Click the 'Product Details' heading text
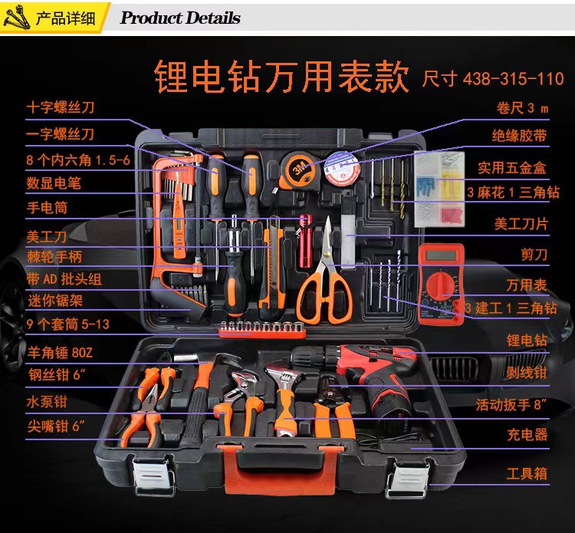180,18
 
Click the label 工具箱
527,473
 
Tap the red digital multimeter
441,274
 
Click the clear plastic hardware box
440,189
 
